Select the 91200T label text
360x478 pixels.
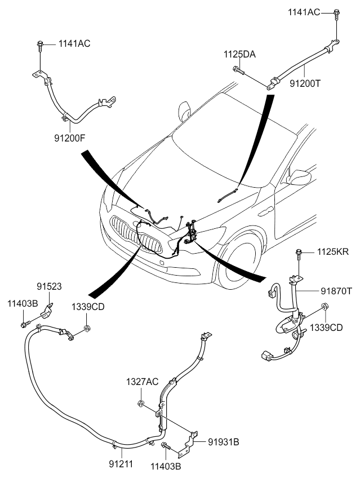coord(304,83)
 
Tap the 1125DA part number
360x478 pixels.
coord(239,55)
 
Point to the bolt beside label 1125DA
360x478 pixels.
coord(237,70)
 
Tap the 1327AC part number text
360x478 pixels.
coord(141,382)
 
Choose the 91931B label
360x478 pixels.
coord(224,442)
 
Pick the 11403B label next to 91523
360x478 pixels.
coord(23,304)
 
